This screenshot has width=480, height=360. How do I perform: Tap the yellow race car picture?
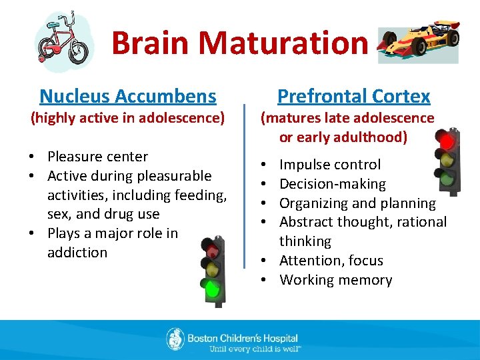click(418, 45)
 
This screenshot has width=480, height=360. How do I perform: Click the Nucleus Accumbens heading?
click(128, 97)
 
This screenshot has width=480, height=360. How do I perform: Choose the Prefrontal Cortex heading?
click(353, 97)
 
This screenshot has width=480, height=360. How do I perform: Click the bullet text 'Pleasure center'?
click(97, 157)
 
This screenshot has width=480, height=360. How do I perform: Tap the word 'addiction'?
click(77, 253)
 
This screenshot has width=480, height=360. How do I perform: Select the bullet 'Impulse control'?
click(330, 165)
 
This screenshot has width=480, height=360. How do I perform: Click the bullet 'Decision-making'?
click(333, 184)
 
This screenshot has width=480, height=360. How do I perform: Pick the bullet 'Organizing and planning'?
click(357, 203)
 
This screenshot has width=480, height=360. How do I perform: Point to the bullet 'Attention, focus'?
click(331, 261)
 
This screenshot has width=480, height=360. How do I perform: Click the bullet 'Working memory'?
click(336, 280)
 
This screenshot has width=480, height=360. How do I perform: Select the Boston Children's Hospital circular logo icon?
click(175, 339)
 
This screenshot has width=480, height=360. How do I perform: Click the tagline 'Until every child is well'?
click(255, 348)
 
